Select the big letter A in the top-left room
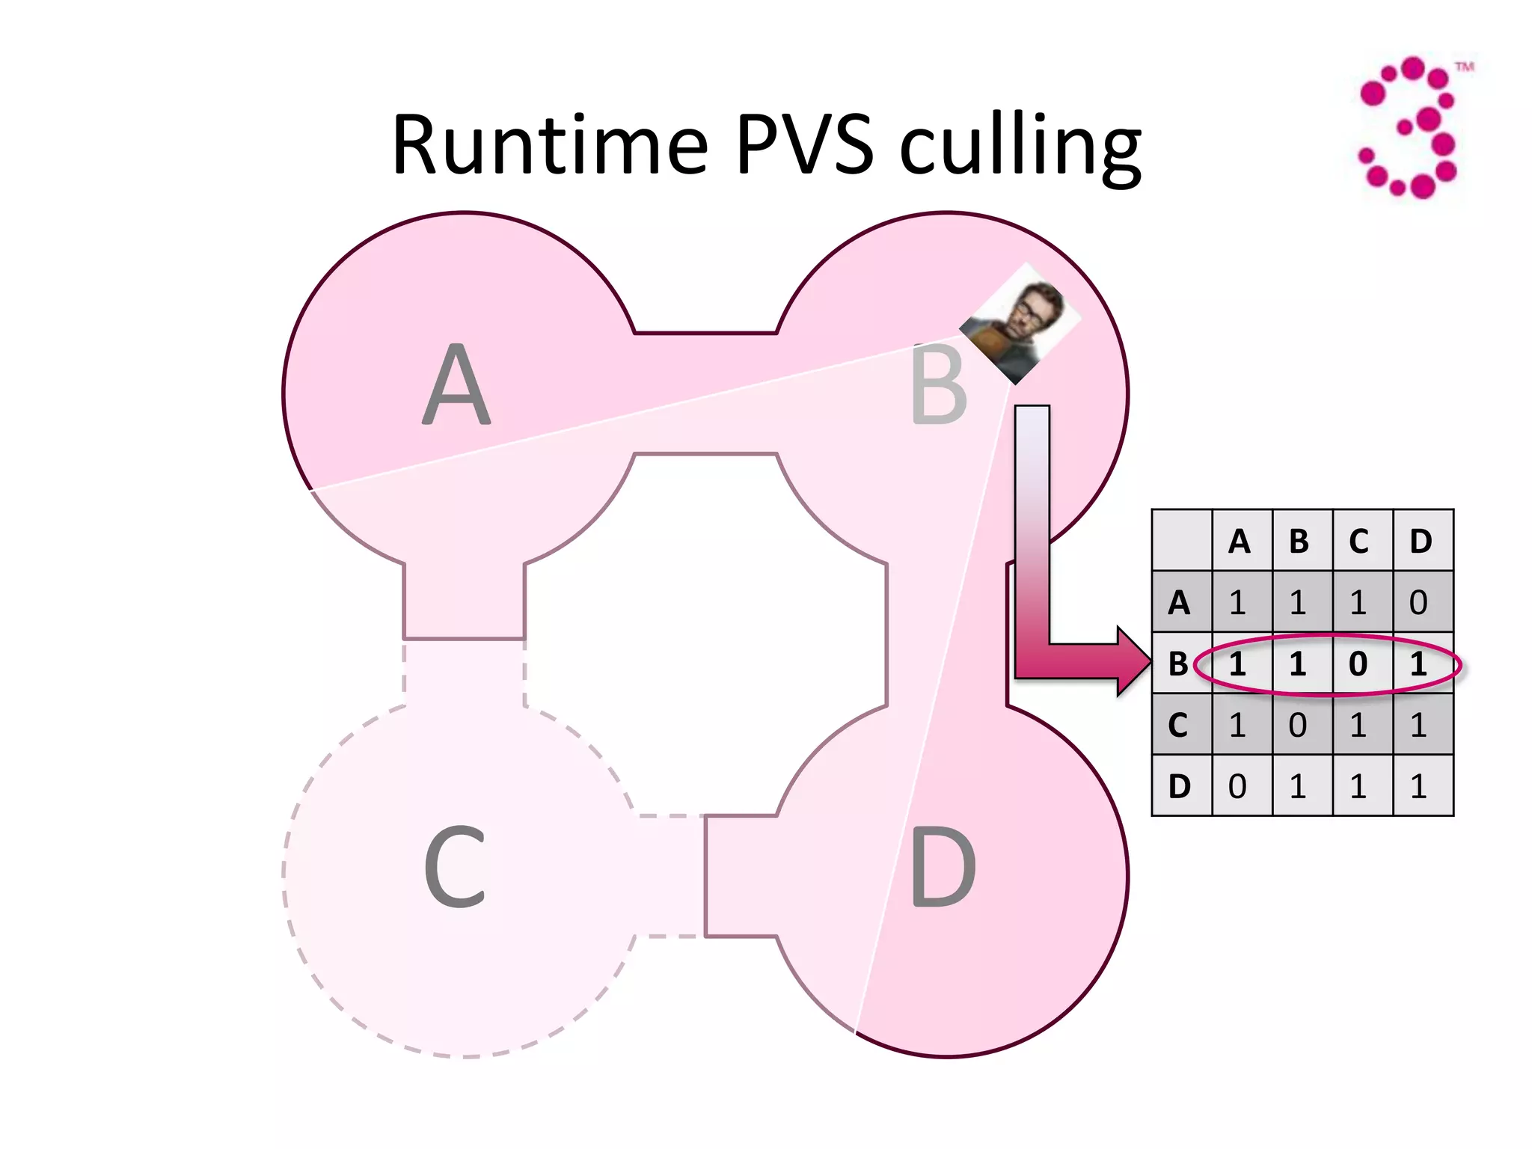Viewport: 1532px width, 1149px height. point(456,385)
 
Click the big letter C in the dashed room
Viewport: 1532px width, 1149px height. point(455,868)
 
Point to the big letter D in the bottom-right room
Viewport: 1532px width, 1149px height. point(943,868)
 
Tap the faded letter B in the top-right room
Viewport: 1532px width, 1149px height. point(939,385)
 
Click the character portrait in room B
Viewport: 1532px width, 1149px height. point(1021,323)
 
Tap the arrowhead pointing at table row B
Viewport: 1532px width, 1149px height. point(1133,661)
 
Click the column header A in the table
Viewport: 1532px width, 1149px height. point(1240,541)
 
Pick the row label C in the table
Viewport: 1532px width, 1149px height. point(1179,725)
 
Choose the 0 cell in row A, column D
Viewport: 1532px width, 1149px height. point(1420,602)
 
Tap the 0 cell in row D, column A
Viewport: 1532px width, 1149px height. point(1239,786)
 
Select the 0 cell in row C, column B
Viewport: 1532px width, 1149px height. point(1299,725)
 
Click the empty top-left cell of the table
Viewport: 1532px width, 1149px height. point(1181,540)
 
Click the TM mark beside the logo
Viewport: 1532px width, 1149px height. point(1464,67)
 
